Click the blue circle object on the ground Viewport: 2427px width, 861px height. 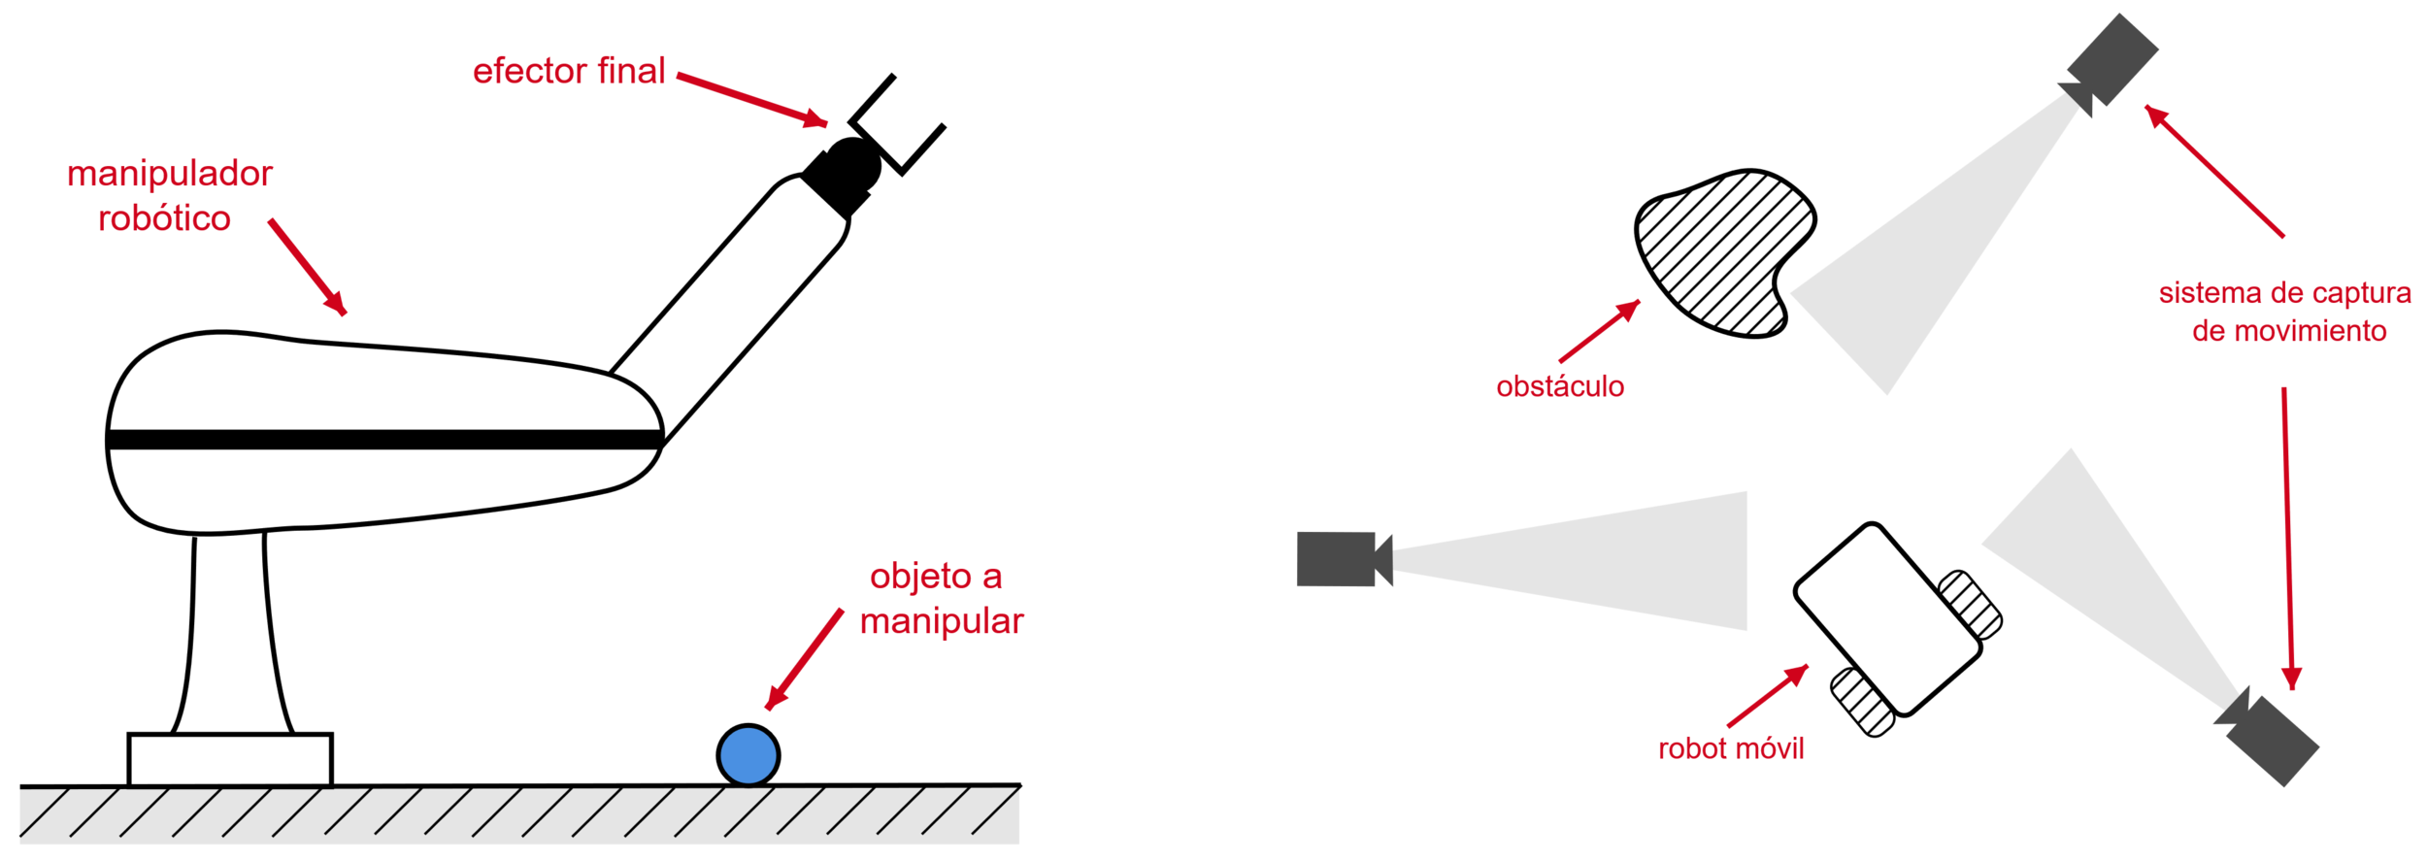748,755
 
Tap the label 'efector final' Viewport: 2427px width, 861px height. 569,72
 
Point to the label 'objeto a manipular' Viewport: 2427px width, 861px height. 940,599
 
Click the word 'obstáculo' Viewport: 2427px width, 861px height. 1560,386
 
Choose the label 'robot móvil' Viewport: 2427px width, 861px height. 1730,748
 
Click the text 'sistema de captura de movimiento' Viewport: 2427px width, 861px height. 2285,312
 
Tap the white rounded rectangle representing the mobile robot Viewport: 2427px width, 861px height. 1887,619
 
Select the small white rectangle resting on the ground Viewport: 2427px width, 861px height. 230,760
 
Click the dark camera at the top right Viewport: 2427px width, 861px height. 2111,60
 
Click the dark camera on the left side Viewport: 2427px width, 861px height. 1338,559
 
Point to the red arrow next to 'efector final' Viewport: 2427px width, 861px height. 751,98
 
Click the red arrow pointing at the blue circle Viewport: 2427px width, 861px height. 804,660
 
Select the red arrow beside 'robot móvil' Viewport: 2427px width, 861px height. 1767,695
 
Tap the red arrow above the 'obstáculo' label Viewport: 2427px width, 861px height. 1599,331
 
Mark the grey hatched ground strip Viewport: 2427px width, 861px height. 519,816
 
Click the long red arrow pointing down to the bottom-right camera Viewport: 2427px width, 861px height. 2287,539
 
